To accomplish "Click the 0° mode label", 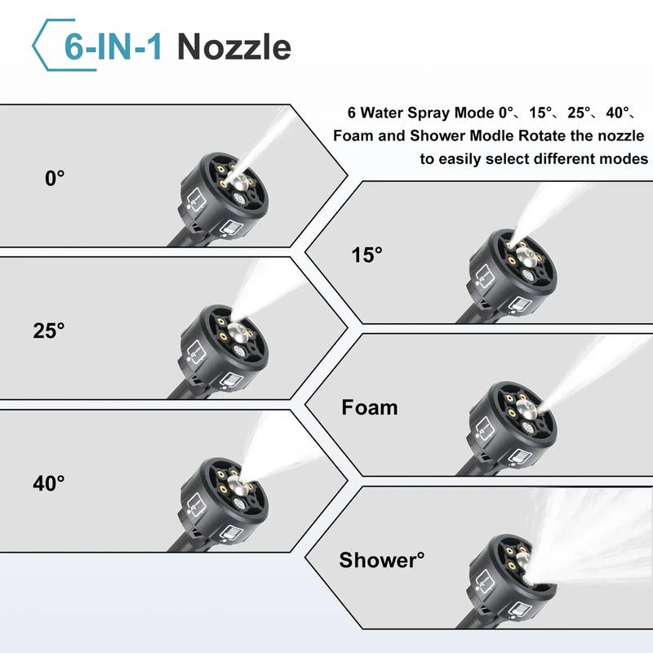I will [54, 178].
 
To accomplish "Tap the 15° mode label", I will [366, 255].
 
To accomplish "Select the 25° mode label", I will [49, 331].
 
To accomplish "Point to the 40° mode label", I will [49, 483].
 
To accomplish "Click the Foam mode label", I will [369, 406].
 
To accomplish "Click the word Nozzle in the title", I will [233, 47].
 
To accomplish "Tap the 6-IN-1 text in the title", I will [115, 47].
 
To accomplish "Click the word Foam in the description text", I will [356, 135].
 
